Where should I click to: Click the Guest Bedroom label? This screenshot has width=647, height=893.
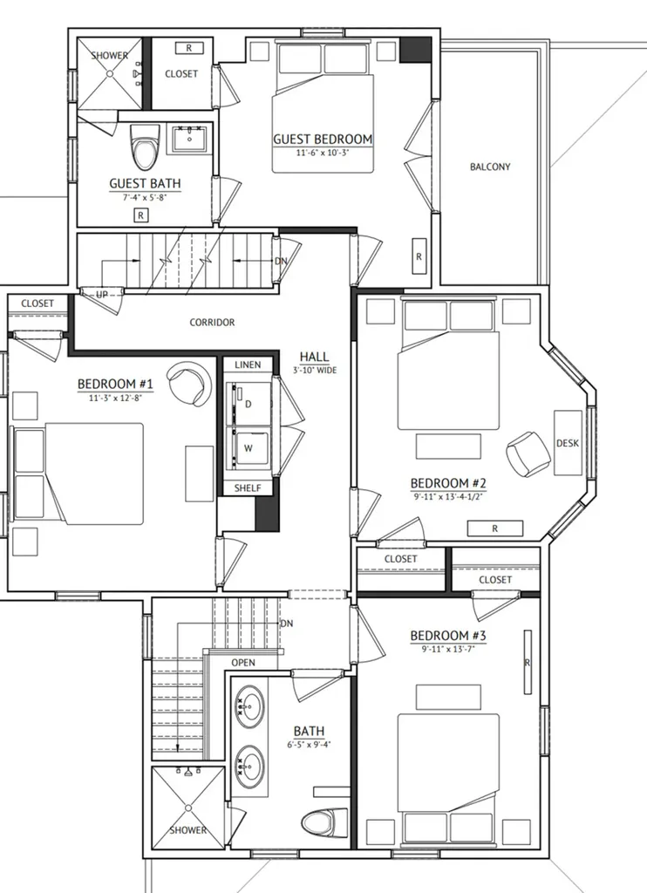(x=323, y=139)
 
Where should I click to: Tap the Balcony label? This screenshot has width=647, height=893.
(x=490, y=167)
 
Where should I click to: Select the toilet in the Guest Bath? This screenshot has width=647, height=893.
(x=144, y=147)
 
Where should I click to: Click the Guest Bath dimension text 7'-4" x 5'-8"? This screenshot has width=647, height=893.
(x=146, y=198)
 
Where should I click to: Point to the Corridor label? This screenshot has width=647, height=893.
(x=212, y=323)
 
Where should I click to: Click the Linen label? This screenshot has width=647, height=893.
(x=248, y=365)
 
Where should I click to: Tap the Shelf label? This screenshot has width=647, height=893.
(x=248, y=488)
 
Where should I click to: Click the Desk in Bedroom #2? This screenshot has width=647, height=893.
(x=568, y=442)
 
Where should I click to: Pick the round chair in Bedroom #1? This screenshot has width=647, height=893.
(x=189, y=384)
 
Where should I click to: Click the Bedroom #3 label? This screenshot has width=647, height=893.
(x=448, y=636)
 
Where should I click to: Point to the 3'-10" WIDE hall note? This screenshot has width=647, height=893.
(x=315, y=370)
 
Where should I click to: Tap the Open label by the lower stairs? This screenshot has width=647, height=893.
(x=243, y=663)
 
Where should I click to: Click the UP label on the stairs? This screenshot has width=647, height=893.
(x=102, y=295)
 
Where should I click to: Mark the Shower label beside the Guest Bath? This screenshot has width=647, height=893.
(x=109, y=55)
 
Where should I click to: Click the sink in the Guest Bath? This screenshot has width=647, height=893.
(x=189, y=139)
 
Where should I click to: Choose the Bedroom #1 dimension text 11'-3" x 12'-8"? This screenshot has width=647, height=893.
(x=115, y=398)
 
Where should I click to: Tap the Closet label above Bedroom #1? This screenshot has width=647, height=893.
(x=37, y=303)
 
